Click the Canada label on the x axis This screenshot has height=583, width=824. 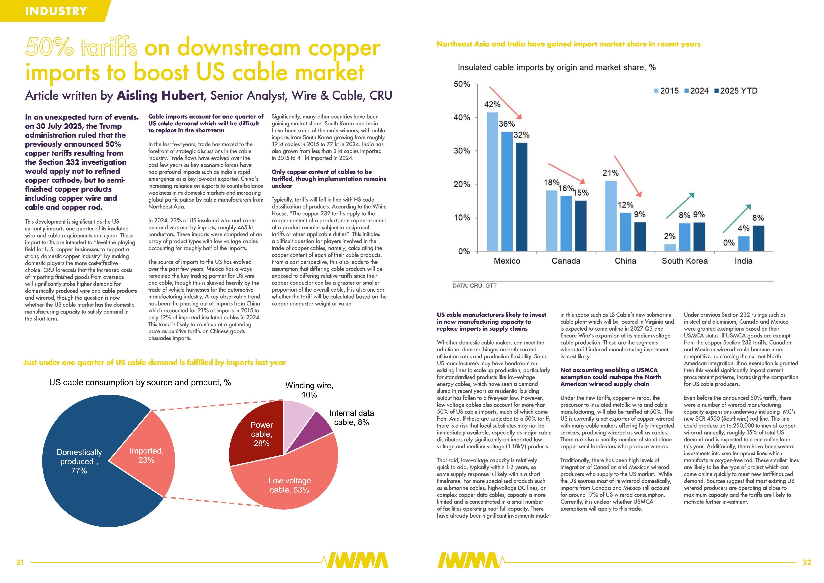tap(566, 261)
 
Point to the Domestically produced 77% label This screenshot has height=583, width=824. tap(79, 461)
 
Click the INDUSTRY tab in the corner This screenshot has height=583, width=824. tap(56, 11)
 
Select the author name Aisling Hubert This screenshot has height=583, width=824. tap(160, 96)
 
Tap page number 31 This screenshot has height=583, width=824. tap(20, 562)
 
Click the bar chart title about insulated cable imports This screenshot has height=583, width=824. tap(556, 67)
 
